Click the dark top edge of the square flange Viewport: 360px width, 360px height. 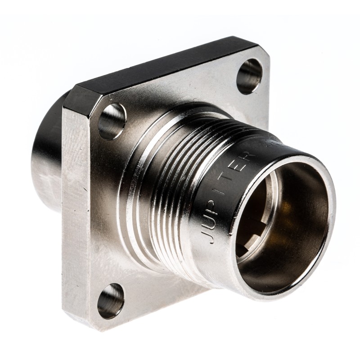point(166,63)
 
